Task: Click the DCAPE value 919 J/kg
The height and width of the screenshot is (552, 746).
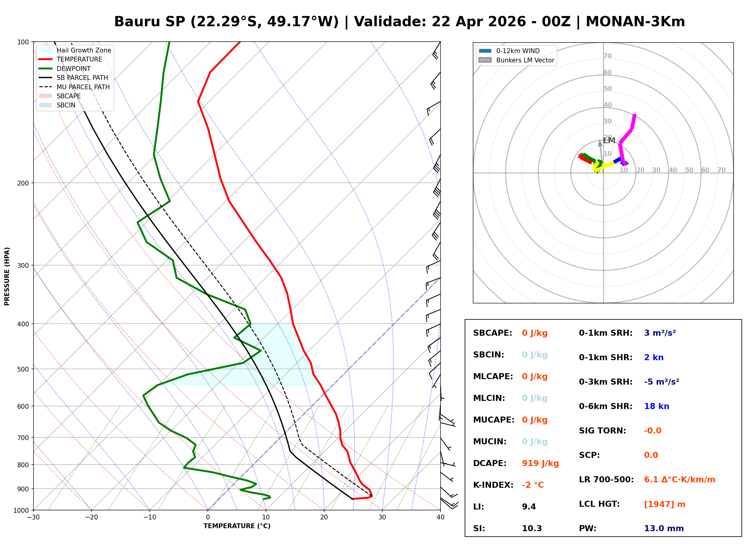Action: (540, 463)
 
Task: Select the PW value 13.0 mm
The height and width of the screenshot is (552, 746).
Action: (663, 528)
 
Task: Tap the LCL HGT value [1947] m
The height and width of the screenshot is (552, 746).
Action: (664, 504)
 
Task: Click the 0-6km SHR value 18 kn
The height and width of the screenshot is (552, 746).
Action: (656, 407)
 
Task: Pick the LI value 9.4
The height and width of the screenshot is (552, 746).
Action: (529, 507)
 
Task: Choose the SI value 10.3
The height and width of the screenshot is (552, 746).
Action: (532, 528)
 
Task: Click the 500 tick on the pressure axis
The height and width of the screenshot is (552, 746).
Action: (23, 369)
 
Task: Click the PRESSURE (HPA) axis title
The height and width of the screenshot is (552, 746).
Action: (7, 276)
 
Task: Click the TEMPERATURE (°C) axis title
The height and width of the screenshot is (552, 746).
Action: (237, 526)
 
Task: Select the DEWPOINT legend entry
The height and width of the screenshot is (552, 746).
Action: (74, 69)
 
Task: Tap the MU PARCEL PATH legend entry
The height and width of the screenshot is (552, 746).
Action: (83, 87)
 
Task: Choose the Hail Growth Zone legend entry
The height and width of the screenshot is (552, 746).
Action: (84, 50)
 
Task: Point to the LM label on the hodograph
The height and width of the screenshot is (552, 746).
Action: (609, 141)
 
